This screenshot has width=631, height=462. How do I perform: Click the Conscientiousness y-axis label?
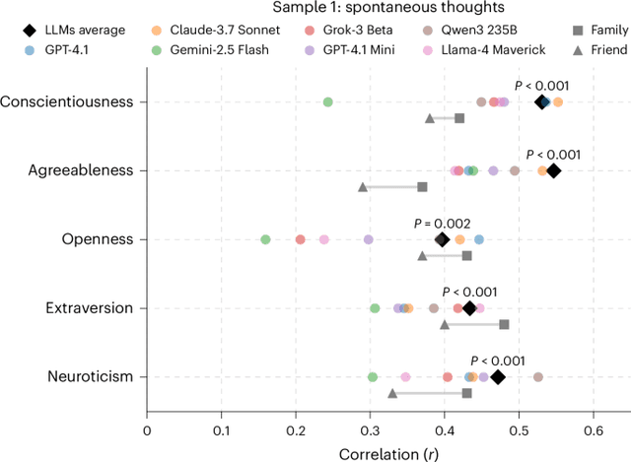(x=67, y=101)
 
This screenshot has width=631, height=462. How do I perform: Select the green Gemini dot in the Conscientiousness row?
(x=328, y=101)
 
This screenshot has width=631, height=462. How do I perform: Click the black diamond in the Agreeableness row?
(x=553, y=170)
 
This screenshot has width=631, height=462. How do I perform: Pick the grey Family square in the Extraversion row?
(x=504, y=324)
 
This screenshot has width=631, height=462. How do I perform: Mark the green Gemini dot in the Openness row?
(x=265, y=239)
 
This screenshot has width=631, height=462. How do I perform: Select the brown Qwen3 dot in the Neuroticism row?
(x=538, y=377)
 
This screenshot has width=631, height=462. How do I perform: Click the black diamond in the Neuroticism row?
(x=498, y=377)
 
